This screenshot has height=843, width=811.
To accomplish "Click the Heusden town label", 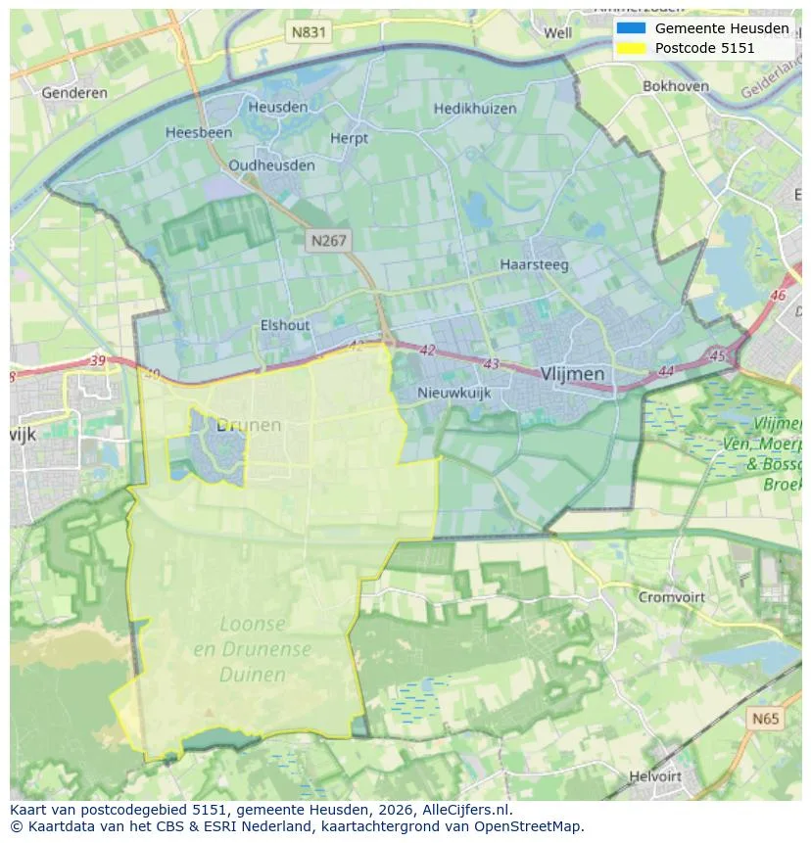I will coord(277,107).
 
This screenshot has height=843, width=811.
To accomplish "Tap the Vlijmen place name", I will coord(572,374).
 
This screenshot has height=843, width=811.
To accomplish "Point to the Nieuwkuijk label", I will coord(453,393).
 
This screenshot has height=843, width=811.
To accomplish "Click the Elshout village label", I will coord(285,326).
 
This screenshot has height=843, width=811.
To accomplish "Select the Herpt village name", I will coord(349,139).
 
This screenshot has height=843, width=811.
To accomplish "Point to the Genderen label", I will coord(74,93).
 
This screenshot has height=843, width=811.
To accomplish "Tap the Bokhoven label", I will coord(676,86).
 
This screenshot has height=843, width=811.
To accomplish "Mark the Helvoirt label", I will coord(655,776).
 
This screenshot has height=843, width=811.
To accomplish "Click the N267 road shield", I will coord(328,240).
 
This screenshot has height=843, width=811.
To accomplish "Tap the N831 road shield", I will coord(309,32).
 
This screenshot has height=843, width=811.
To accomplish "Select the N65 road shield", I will coord(766,720).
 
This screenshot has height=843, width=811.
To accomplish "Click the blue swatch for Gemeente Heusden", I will coord(631,28).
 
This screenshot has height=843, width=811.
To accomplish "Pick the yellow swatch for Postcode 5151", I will coord(631,48).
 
